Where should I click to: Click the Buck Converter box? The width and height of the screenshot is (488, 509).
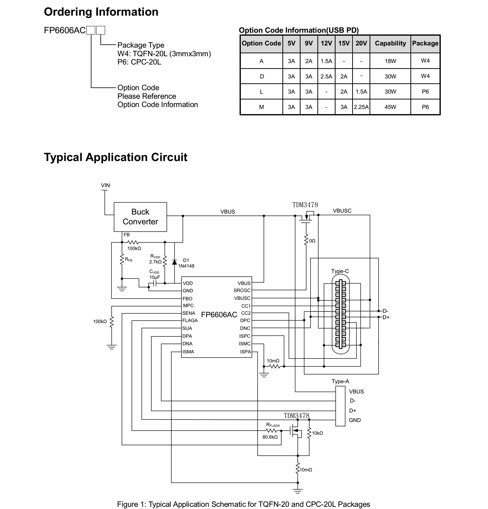coord(140,217)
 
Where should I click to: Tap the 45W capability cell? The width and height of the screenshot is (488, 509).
coord(390,107)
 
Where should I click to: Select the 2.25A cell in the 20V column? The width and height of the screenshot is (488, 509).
coord(361,107)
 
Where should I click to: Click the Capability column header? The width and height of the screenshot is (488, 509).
coord(390,43)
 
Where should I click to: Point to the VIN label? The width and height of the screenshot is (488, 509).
coord(105,185)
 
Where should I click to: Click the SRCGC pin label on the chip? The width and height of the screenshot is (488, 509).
coord(242,290)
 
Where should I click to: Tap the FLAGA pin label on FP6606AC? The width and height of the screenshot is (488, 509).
coord(190,320)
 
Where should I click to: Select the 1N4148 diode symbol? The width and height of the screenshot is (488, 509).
coord(174,262)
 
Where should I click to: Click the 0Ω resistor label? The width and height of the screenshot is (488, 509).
coord(312,241)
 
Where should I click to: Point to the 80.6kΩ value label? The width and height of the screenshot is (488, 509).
coord(270,437)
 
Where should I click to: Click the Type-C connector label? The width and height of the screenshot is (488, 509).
coord(340,271)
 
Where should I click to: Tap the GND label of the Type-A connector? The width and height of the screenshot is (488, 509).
coord(355,420)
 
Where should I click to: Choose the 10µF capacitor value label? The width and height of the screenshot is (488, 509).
coord(154,277)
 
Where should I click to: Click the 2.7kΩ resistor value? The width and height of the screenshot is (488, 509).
coord(155,262)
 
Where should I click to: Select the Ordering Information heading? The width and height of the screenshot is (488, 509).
coord(101,12)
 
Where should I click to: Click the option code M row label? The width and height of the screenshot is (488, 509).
coord(261,107)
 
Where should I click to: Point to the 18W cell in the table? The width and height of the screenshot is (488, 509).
coord(390,61)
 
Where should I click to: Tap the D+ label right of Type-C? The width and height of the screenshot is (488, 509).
coord(386,317)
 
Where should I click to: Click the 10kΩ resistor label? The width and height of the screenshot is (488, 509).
coord(317,433)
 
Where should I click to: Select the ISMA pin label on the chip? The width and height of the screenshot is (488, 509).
coord(188,352)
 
